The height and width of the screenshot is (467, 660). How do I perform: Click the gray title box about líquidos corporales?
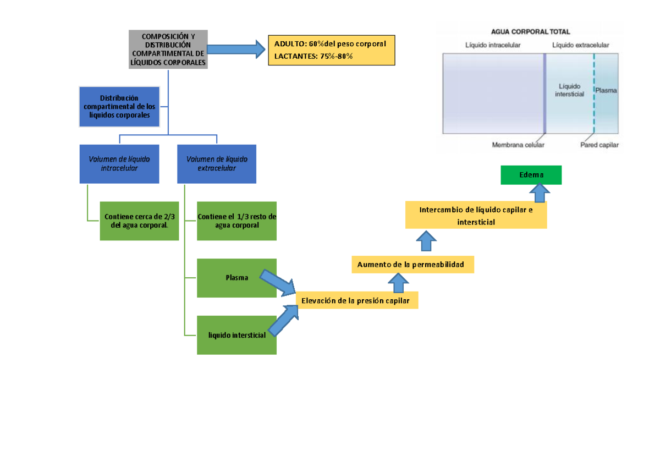pos(168,50)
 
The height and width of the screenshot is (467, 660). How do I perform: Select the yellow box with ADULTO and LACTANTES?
pos(331,50)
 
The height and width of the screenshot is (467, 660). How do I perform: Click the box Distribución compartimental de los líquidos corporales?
pos(119,107)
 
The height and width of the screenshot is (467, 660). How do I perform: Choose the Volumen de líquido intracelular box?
pos(119,164)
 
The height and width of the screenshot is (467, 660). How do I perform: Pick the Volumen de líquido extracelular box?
pos(217,164)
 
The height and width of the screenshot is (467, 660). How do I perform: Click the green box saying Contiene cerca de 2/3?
pos(139,221)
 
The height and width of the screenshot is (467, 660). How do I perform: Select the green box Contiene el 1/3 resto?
pos(237,221)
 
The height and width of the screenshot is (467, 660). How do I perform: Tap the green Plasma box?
pos(237,278)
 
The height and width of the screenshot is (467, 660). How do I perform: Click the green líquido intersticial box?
pos(237,335)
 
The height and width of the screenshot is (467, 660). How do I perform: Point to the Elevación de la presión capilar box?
pos(357,300)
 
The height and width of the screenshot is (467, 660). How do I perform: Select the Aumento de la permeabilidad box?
pos(413,265)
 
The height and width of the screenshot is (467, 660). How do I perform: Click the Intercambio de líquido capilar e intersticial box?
pos(476,215)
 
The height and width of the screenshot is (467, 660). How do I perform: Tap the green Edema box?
pos(531,175)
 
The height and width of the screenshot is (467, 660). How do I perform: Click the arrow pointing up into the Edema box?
pos(541,193)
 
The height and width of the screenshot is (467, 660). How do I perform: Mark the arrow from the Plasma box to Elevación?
pos(278,283)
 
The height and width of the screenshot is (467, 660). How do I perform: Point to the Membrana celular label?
pos(518,145)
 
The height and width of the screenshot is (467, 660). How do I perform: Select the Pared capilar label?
pos(599,145)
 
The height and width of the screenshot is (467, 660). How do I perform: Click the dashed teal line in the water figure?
pos(594,94)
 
